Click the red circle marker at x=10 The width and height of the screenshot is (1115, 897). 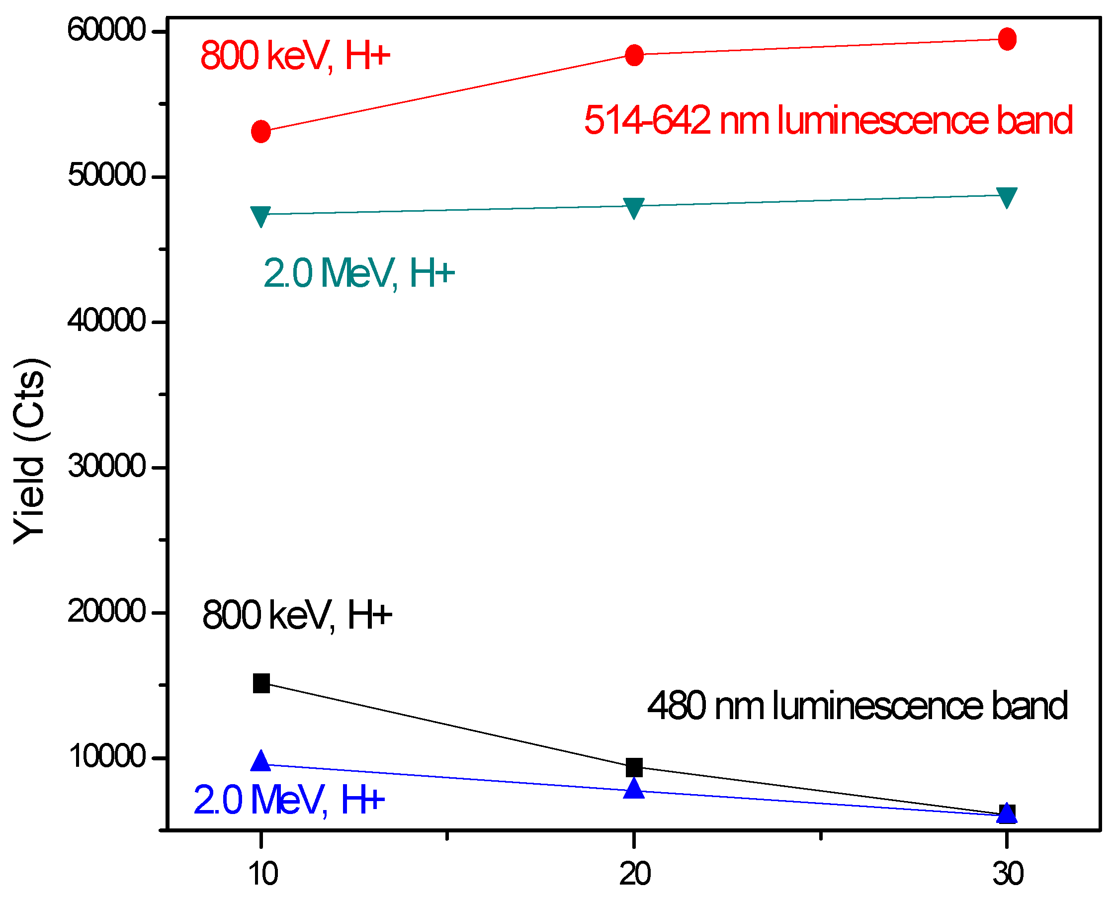(261, 131)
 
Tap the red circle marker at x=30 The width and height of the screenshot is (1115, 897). (1008, 39)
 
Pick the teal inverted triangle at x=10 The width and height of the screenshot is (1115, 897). (260, 215)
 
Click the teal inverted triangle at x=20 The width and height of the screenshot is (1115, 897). (634, 207)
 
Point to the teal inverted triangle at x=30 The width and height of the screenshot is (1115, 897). (1007, 196)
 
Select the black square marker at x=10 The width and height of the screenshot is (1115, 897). (261, 683)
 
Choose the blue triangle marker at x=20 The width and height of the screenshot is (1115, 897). (634, 789)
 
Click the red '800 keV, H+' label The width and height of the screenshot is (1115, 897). (295, 56)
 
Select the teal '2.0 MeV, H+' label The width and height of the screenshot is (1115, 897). (359, 273)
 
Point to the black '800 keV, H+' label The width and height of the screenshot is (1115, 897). (297, 615)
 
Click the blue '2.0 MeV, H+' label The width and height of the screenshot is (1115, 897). (289, 800)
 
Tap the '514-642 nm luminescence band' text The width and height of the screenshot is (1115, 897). (828, 120)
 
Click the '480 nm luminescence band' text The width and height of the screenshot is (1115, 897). (858, 706)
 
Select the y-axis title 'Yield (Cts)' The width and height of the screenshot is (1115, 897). (31, 450)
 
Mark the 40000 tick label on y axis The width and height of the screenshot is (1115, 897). (106, 321)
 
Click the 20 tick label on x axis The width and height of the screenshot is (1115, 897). (635, 874)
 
